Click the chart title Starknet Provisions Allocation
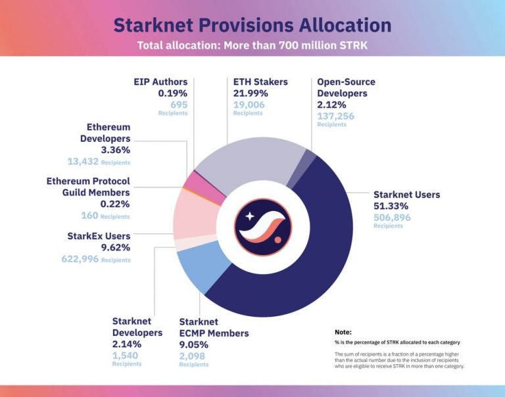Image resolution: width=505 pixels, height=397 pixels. (x=252, y=25)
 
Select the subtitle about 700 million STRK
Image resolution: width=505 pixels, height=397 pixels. (x=252, y=46)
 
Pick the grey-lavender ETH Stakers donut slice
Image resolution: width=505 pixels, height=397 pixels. (x=250, y=164)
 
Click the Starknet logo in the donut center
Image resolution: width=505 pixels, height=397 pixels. (x=263, y=227)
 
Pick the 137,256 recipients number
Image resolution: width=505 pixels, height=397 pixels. (x=335, y=116)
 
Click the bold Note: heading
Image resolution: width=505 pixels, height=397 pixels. (x=343, y=332)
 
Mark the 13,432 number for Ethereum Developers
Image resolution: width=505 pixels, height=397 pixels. (x=83, y=161)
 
